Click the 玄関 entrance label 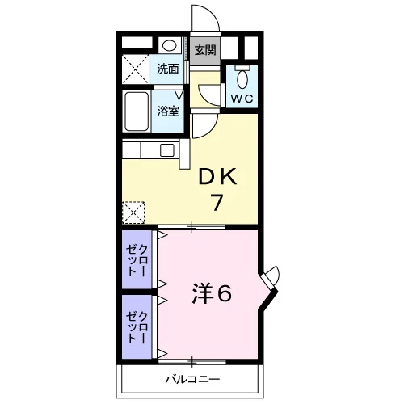205,50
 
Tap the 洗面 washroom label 168,69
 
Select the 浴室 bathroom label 168,112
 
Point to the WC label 242,99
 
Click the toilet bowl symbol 242,78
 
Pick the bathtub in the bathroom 137,112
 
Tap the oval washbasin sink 170,45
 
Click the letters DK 217,176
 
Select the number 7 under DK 217,203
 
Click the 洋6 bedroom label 212,293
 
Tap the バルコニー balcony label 192,380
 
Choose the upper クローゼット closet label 137,261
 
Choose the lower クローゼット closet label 137,327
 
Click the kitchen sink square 167,150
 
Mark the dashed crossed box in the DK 133,213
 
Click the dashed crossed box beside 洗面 136,69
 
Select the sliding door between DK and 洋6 191,227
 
